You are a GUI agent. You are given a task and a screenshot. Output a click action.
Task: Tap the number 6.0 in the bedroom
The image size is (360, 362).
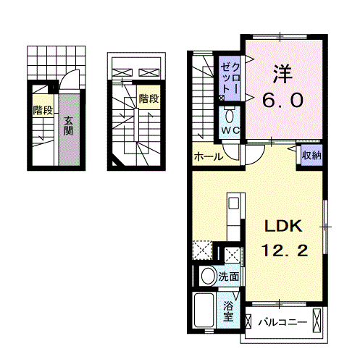coord(282,101)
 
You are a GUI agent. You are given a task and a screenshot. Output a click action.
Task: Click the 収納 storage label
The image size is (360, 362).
coord(312,155)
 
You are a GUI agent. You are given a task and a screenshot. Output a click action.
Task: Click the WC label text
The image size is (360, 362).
coord(230,130)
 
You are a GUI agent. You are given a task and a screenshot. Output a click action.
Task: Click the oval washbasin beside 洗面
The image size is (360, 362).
coord(208,276)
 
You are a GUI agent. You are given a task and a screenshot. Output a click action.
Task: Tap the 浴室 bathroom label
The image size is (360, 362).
coord(229,311)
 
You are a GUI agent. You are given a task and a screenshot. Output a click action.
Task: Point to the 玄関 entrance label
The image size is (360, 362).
coord(67,126)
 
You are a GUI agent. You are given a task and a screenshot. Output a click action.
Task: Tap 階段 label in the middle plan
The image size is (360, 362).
coord(148,98)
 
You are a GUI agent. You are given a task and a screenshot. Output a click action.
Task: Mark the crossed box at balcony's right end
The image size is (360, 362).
coord(316,322)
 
